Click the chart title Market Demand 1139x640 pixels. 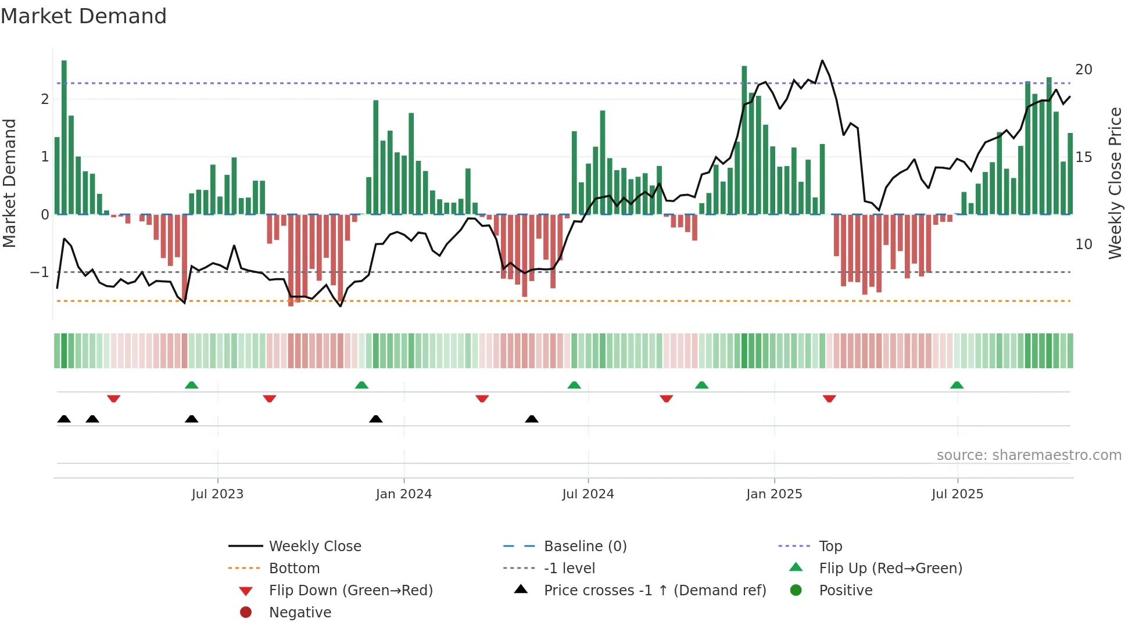pos(84,16)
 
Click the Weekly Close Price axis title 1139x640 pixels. pos(1115,183)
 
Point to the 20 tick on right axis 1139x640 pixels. pos(1083,70)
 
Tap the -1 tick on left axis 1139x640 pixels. pos(40,272)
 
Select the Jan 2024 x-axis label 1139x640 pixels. pos(403,494)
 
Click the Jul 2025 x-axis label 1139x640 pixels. pos(957,494)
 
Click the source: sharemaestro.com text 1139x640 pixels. pos(1029,455)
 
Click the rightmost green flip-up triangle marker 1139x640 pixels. pos(957,385)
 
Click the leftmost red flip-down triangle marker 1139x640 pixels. pos(114,398)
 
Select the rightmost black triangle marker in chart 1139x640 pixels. pos(531,419)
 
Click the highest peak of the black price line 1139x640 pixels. pos(822,60)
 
